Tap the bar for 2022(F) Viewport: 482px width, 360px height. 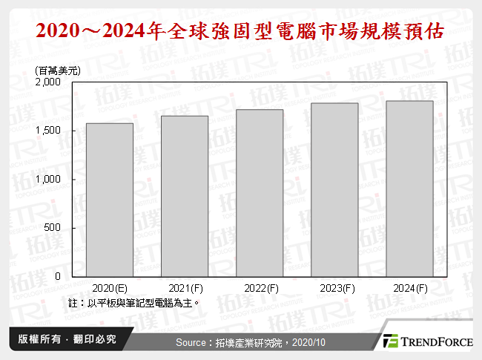click(x=260, y=192)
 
